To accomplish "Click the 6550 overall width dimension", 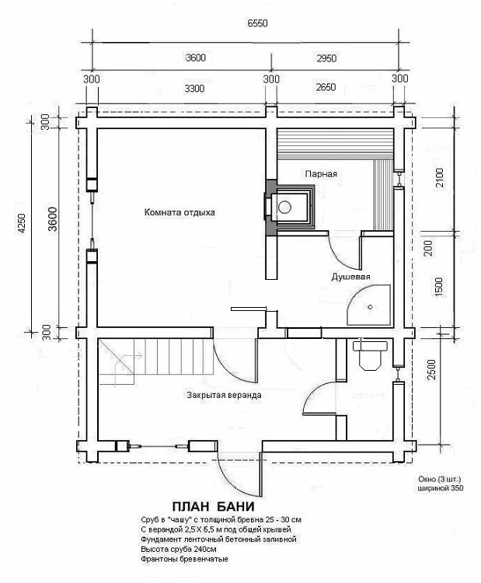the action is tap(257, 23).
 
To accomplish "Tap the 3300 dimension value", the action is tap(194, 89).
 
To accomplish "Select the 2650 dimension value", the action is tap(326, 88).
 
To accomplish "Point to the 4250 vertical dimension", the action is tap(22, 223).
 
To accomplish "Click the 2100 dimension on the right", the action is tap(439, 178).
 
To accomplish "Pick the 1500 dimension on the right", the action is tap(438, 287).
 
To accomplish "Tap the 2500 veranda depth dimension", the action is tap(431, 368).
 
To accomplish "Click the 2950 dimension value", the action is tap(326, 58).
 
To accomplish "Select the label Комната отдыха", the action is tap(180, 213).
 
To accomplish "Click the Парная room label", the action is tap(321, 174).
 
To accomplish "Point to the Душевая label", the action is tap(350, 277).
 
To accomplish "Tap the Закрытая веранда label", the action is tap(224, 395).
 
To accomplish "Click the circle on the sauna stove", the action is tap(284, 207).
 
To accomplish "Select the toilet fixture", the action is tap(370, 354).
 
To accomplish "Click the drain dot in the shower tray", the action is tap(370, 307).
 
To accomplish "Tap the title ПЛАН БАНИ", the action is tap(214, 506).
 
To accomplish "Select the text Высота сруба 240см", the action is tap(179, 549).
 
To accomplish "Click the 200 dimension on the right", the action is tap(429, 249).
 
